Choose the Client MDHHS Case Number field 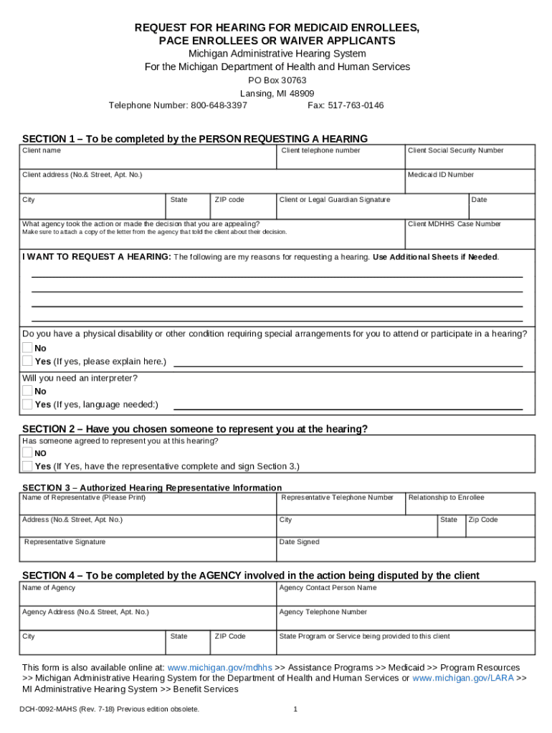coord(470,232)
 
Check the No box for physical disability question coord(27,348)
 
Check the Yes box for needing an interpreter coord(27,404)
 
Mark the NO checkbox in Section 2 coord(27,453)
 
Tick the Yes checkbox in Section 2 coord(27,466)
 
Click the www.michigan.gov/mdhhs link coord(219,667)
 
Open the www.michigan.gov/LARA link coord(463,678)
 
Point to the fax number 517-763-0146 coord(356,105)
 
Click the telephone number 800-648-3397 coord(219,105)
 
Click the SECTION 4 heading coord(251,576)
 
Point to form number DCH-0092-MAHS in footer coord(57,709)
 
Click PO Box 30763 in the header coord(277,80)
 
